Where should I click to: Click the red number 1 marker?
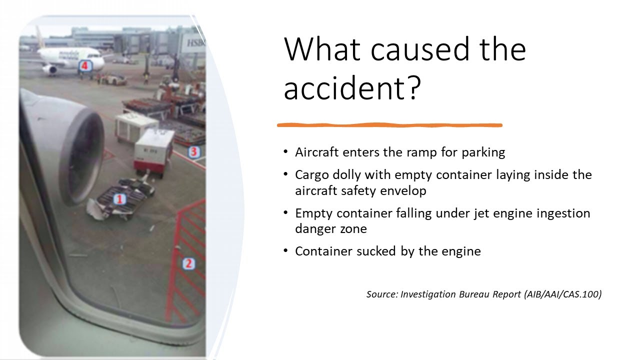[x=119, y=199]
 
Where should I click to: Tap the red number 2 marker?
[x=188, y=263]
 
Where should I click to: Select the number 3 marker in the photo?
[x=194, y=151]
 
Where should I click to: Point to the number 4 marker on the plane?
[x=85, y=65]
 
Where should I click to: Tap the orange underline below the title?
[x=389, y=125]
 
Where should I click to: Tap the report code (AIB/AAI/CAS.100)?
[x=562, y=294]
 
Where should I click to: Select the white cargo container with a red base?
[x=154, y=150]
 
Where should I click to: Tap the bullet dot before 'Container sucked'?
[x=285, y=251]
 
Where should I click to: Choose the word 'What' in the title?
[x=320, y=48]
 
